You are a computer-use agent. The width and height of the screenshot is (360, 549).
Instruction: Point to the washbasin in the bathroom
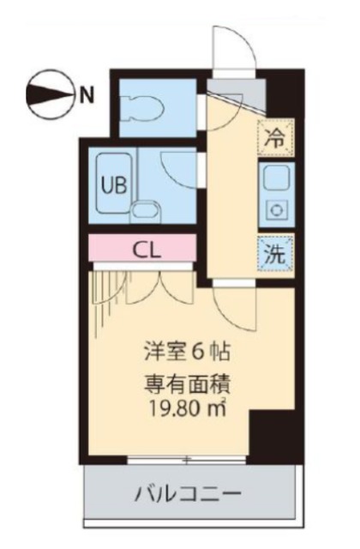point(147,211)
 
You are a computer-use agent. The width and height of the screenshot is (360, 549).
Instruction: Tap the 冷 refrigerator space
point(274,137)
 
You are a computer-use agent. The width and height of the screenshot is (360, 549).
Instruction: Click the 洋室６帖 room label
point(187,352)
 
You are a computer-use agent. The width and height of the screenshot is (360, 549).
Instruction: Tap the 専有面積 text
point(187,386)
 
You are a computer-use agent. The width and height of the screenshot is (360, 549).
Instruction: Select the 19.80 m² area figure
point(187,407)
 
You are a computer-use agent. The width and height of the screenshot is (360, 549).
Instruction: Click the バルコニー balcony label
point(189,495)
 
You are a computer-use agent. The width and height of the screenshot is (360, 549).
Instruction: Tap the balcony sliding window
point(188,460)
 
